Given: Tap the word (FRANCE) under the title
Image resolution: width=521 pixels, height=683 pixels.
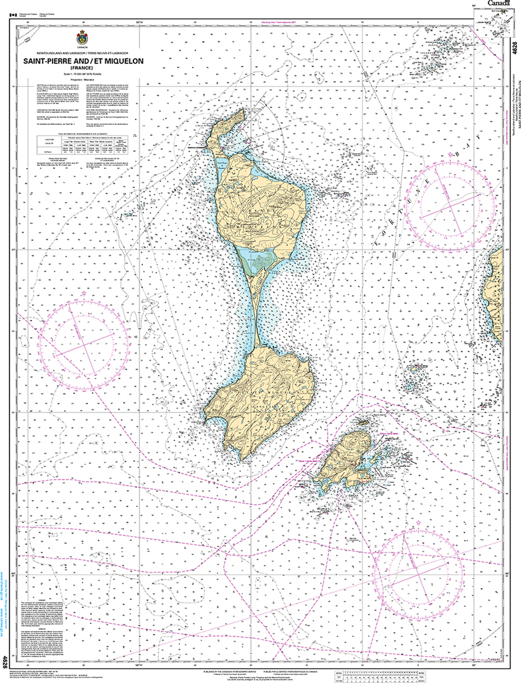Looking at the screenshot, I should point(82,67).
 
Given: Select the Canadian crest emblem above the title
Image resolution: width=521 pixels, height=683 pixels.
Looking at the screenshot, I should point(82,37).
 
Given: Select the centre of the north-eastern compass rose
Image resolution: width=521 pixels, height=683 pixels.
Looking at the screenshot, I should point(452,206).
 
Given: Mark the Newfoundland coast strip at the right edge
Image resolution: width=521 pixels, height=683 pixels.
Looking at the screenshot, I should point(495,293).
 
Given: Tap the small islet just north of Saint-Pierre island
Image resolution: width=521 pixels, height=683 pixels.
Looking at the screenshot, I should point(363,422).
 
